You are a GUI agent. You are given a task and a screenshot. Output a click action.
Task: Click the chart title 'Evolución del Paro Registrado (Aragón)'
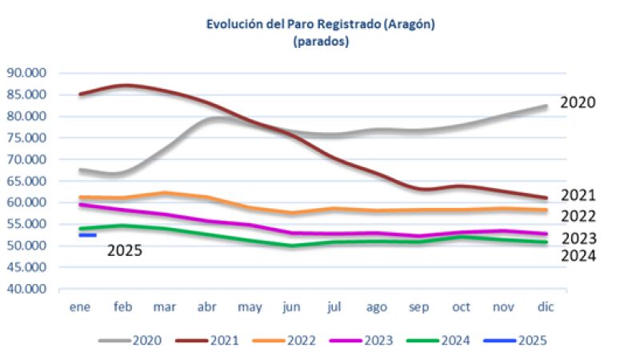320,25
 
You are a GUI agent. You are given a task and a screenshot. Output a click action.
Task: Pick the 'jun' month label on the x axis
291,306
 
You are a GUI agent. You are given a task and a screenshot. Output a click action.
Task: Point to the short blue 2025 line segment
87,235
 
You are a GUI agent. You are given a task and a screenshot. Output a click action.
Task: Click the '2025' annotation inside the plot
125,250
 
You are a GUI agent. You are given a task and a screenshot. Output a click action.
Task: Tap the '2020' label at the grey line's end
578,103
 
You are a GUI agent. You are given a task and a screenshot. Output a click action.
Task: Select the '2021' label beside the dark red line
578,196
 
